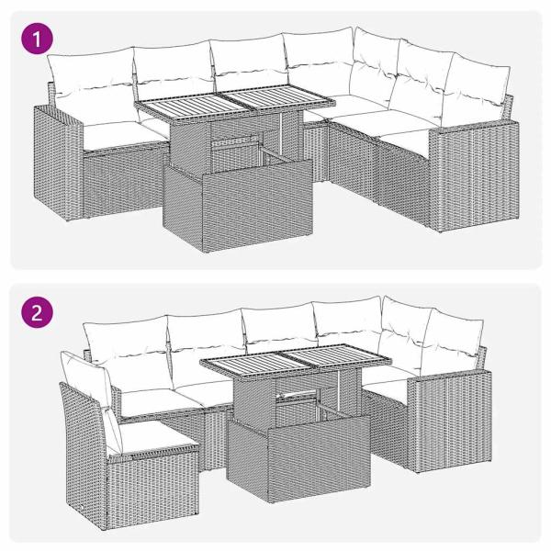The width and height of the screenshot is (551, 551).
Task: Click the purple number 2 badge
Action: point(37,311)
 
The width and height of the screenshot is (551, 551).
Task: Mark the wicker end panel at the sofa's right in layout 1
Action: point(469,174)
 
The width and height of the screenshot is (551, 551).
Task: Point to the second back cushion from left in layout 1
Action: point(172,71)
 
